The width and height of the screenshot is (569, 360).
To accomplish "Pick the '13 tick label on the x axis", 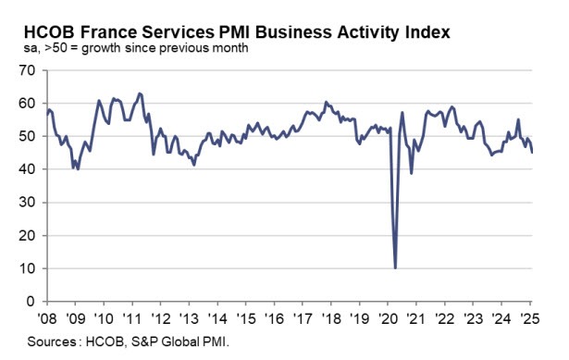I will click(188, 315).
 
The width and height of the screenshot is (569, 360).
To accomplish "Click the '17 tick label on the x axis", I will click(302, 315).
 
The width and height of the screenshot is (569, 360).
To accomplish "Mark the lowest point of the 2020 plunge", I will click(395, 268).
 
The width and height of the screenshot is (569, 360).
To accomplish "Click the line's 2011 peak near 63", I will click(139, 93).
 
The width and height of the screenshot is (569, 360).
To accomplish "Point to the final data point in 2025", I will click(532, 153).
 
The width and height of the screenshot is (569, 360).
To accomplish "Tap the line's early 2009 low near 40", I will click(77, 169).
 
